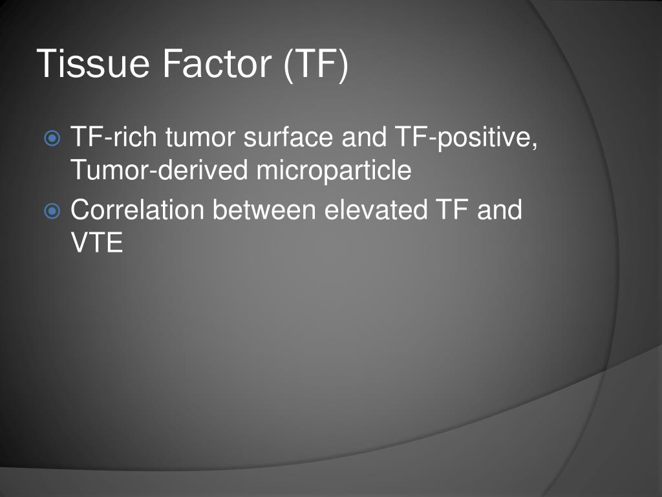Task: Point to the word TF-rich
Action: [114, 138]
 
